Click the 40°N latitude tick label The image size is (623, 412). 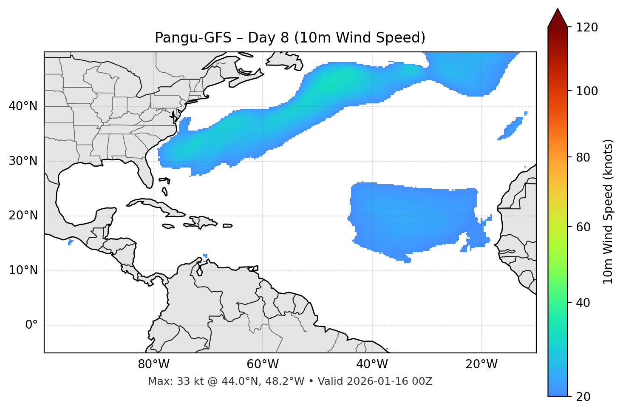[x=23, y=106]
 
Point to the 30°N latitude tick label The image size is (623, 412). [x=23, y=161]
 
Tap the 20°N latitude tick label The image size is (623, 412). [x=23, y=216]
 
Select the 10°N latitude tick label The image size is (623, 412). [x=23, y=270]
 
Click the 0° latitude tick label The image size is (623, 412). [x=31, y=325]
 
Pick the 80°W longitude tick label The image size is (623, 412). [x=153, y=364]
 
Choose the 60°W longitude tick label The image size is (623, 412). [x=263, y=364]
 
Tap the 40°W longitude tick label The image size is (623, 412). [x=372, y=364]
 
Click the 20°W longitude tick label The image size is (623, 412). [x=481, y=364]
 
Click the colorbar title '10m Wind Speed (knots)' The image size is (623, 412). [x=608, y=211]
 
